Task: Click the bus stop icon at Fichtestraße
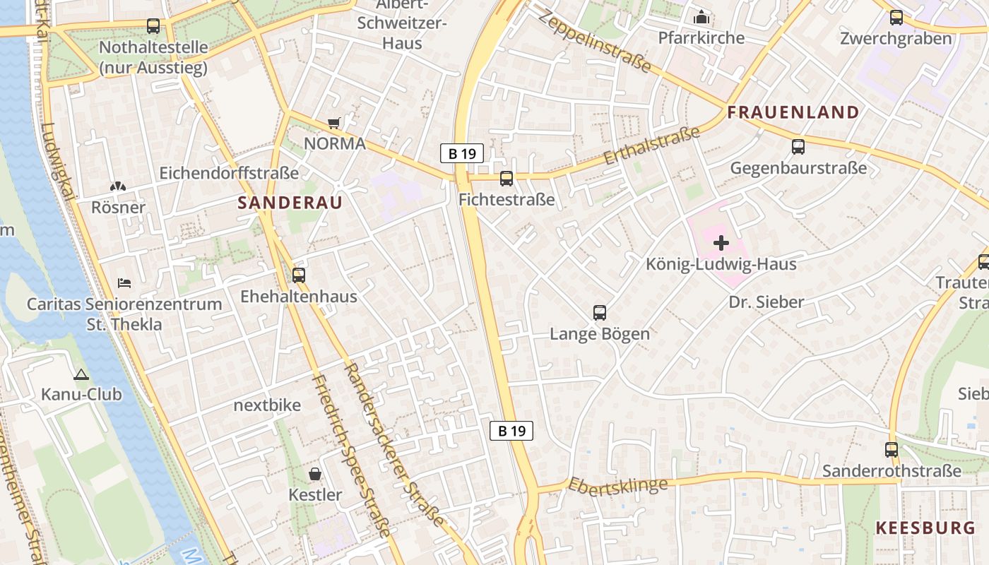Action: tap(507, 179)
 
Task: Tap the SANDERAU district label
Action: tap(290, 203)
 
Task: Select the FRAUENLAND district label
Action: tap(793, 112)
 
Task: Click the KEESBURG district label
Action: tap(925, 528)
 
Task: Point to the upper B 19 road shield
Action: tap(462, 153)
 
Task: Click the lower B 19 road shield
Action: tap(511, 431)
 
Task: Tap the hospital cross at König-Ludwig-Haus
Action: tap(721, 244)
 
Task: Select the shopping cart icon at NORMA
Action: tap(334, 124)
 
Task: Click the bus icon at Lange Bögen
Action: tap(600, 312)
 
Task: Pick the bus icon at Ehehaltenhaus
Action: tap(299, 275)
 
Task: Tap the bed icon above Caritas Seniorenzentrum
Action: tap(124, 283)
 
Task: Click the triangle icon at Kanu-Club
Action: tap(81, 374)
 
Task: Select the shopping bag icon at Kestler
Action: tap(315, 474)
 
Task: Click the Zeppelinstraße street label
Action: tap(594, 40)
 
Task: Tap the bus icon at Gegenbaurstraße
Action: tap(798, 147)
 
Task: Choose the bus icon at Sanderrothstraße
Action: tap(892, 449)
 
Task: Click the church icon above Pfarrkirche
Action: tap(701, 16)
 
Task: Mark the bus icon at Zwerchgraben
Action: tap(896, 18)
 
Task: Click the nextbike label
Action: tap(267, 405)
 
